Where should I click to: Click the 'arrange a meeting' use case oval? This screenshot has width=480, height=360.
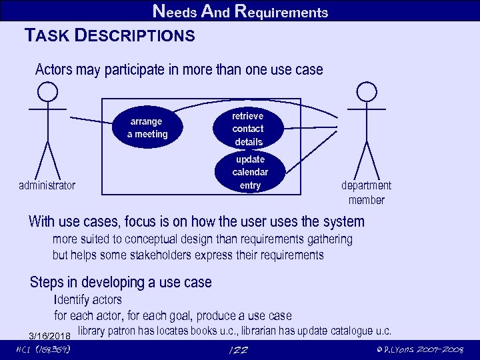tap(147, 128)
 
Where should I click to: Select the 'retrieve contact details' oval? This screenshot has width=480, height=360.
tap(248, 129)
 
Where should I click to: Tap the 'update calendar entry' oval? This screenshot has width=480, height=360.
tap(249, 172)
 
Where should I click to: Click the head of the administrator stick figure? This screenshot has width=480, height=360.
tap(47, 91)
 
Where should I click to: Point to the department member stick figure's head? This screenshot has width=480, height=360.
tap(366, 91)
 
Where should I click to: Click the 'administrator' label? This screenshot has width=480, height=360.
tap(47, 185)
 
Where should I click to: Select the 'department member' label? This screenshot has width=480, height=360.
tap(366, 193)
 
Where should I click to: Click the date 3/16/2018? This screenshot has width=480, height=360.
tap(49, 335)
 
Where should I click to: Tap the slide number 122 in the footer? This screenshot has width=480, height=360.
tap(238, 350)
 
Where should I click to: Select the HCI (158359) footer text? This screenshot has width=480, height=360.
tap(43, 350)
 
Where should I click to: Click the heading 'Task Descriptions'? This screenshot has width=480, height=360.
tap(109, 35)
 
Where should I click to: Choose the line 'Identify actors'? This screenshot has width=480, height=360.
tap(87, 300)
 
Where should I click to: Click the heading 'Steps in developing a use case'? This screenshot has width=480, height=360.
tap(121, 282)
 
